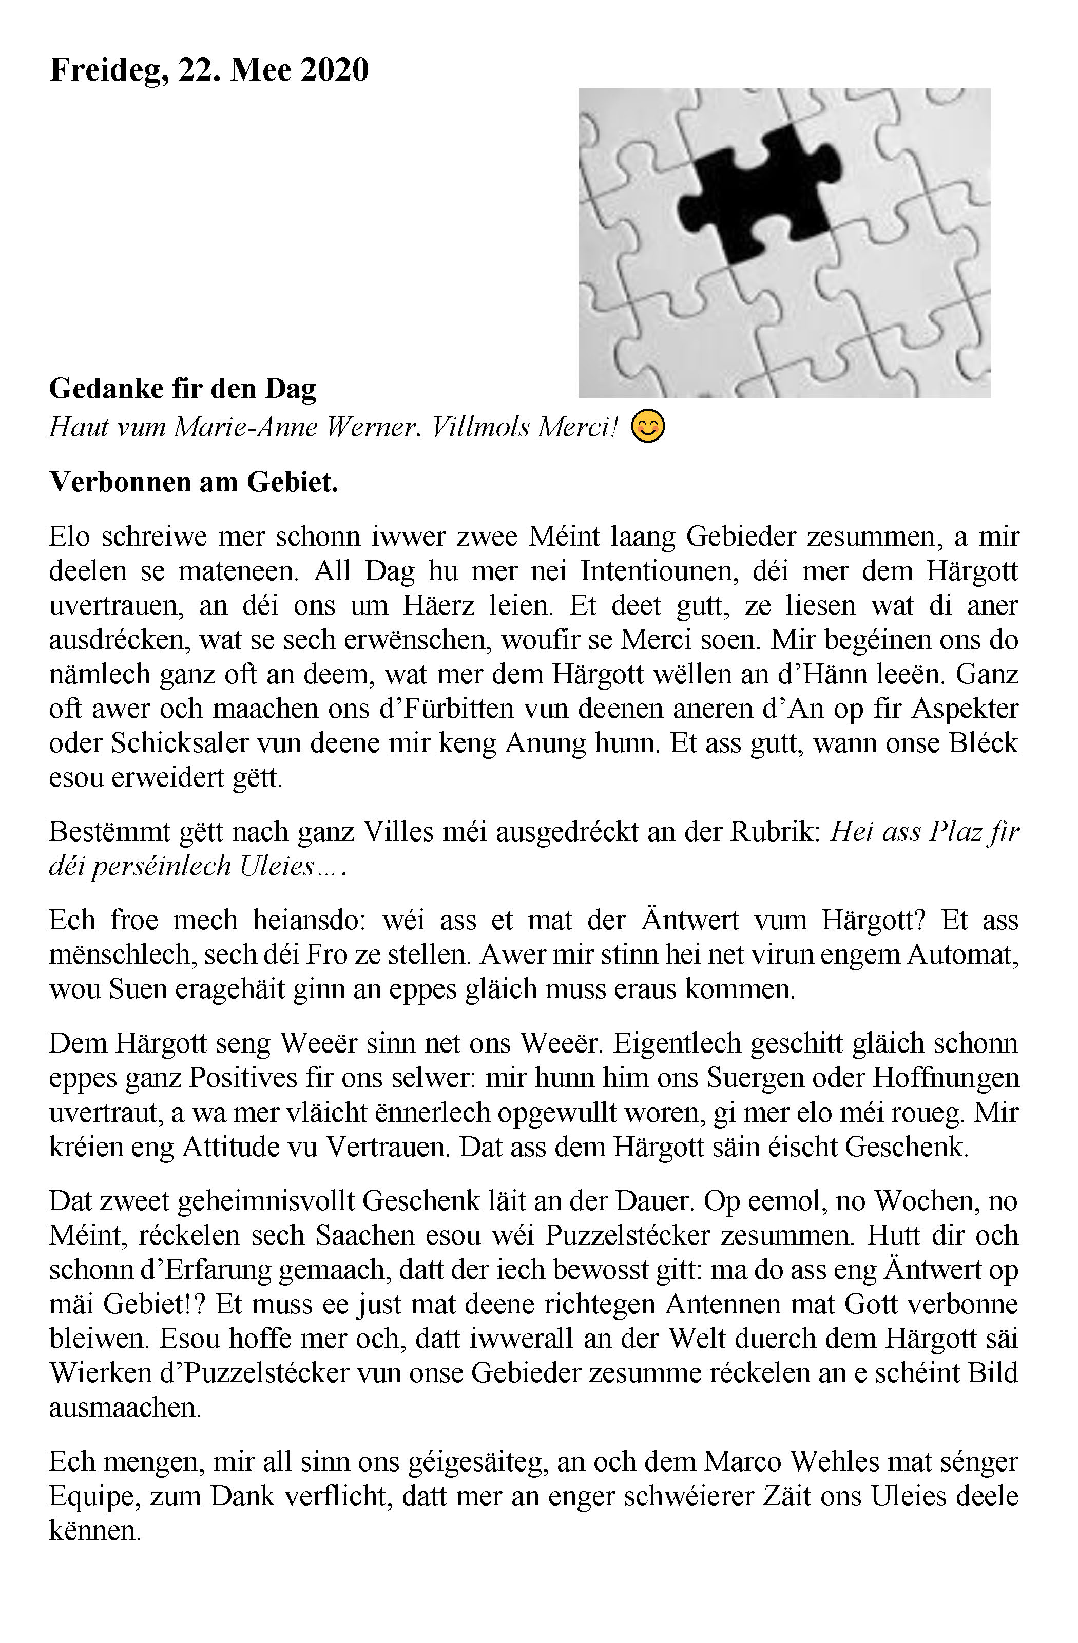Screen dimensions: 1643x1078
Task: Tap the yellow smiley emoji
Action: tap(649, 427)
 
